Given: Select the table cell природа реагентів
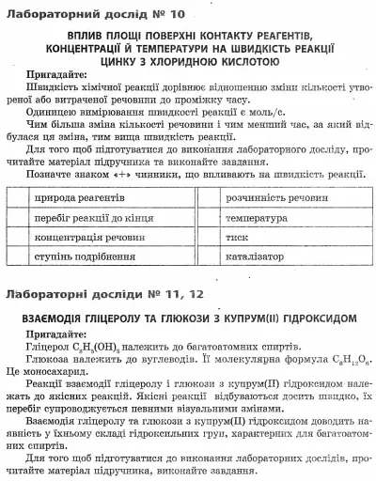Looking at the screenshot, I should point(78,200).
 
